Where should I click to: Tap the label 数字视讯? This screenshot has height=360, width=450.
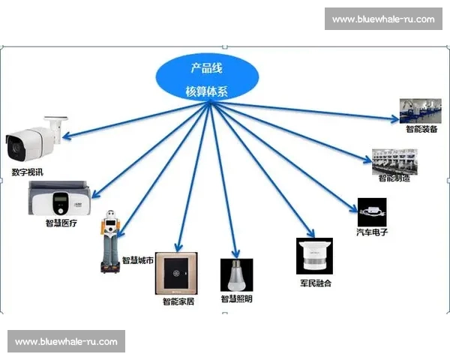27,172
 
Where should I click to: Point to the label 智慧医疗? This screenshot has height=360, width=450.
61,223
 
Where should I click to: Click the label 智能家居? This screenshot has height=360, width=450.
178,301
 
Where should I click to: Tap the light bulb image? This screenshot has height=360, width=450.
236,275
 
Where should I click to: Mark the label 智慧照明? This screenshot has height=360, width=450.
236,299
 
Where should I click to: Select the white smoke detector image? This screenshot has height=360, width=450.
315,256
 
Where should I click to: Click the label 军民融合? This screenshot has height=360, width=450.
316,283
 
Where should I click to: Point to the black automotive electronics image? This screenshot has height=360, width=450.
372,211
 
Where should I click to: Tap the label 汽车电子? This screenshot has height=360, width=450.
371,232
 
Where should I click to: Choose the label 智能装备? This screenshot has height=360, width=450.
421,129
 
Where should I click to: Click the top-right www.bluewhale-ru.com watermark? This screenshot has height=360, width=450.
382,19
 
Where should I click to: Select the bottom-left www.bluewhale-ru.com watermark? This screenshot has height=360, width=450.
66,341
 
